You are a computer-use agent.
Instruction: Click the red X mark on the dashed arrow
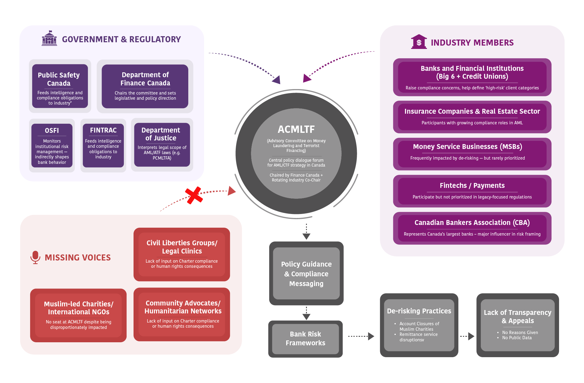tap(194, 195)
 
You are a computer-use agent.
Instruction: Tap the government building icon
tap(49, 38)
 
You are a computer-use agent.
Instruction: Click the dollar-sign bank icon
tap(419, 42)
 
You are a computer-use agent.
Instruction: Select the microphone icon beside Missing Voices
tap(35, 257)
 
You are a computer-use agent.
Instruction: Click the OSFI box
tap(52, 146)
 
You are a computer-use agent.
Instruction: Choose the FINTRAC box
tap(103, 146)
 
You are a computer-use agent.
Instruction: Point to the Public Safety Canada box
tap(60, 86)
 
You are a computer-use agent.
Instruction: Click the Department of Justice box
tap(162, 145)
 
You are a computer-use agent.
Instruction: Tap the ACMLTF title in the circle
tap(296, 129)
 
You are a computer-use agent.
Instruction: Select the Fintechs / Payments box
tap(472, 191)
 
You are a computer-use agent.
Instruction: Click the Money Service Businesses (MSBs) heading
tap(467, 147)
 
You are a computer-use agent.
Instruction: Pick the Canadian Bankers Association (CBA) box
tap(472, 228)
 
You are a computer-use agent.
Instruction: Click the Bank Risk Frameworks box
tap(305, 339)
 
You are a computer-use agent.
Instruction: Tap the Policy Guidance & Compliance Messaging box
tap(306, 274)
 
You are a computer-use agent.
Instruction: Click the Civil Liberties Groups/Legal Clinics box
tap(182, 254)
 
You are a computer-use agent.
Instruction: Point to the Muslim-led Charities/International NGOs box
tap(78, 315)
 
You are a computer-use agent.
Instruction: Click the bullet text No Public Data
tap(517, 338)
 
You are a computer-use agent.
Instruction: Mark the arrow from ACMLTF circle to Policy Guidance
tap(306, 232)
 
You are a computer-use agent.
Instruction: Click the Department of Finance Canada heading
tap(145, 79)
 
